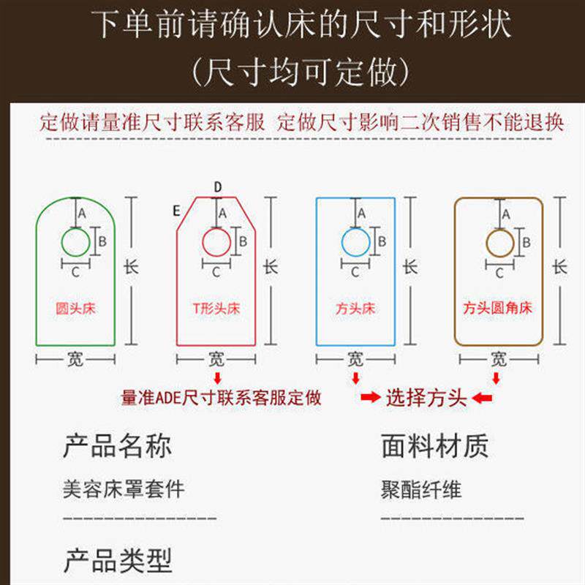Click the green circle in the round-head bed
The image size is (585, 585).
click(x=75, y=242)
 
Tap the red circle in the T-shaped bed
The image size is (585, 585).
click(x=216, y=241)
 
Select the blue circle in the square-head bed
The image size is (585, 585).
click(x=355, y=241)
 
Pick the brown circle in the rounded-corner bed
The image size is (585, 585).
click(x=499, y=242)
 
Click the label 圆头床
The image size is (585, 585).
click(x=76, y=309)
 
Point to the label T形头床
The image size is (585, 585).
click(x=216, y=309)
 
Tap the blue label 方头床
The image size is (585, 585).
click(x=355, y=309)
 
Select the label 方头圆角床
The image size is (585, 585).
click(x=498, y=309)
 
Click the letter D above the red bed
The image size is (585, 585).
click(x=217, y=187)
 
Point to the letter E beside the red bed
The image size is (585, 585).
click(x=176, y=210)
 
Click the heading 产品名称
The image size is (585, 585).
click(x=118, y=445)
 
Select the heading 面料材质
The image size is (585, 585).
click(x=434, y=445)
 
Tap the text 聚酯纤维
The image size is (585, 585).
click(x=421, y=488)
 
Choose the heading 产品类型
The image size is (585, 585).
click(x=118, y=561)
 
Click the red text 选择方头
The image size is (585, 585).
click(x=426, y=398)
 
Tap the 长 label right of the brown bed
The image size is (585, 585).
click(x=559, y=267)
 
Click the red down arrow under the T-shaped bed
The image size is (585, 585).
click(x=217, y=377)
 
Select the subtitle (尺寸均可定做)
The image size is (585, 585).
click(x=292, y=72)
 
